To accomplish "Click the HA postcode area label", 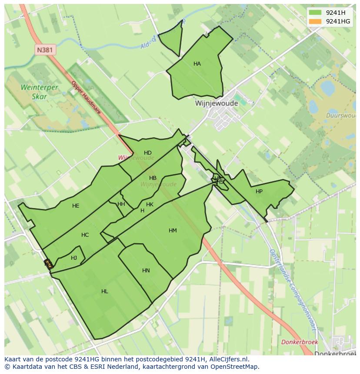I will (197, 64).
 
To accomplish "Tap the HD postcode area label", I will (148, 153).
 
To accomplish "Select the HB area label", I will (153, 178).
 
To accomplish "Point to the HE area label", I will (76, 206).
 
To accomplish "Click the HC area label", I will (85, 235).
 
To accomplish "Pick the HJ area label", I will (74, 258).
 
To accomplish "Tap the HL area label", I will (104, 291).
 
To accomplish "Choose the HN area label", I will (146, 271).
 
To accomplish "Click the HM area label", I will (173, 231).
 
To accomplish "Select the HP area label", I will (259, 192).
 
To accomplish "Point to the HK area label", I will (150, 205).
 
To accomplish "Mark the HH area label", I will (121, 204).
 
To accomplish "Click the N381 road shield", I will (45, 50).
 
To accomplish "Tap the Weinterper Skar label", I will (39, 92).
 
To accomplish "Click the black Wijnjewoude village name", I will (216, 104).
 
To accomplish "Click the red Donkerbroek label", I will (300, 342).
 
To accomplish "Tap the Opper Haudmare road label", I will (86, 98).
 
